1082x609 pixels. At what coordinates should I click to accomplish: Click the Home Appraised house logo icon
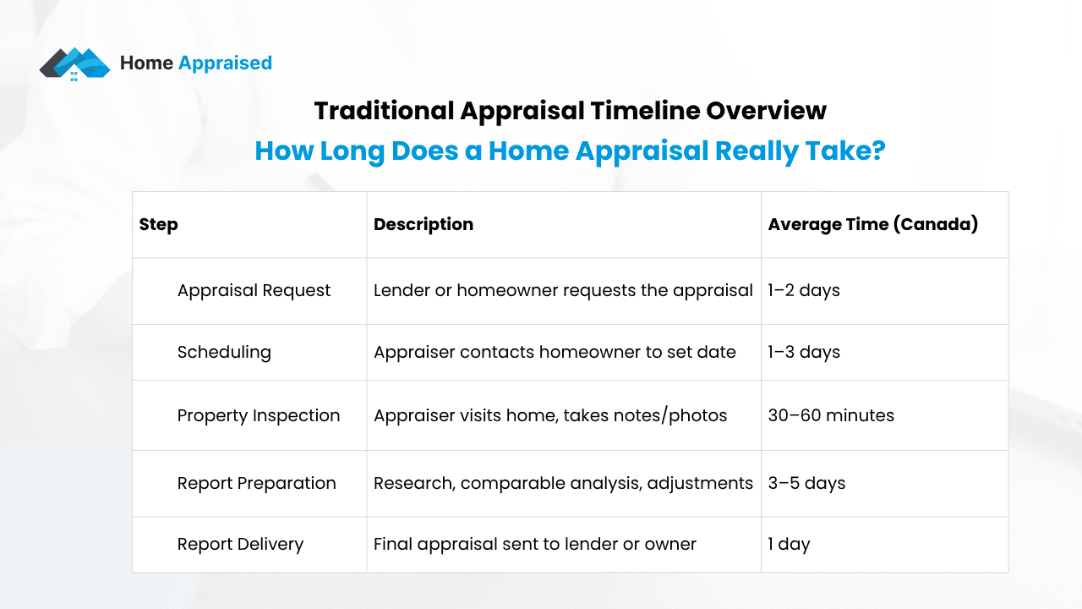click(74, 63)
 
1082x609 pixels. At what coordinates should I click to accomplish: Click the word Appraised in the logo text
click(225, 63)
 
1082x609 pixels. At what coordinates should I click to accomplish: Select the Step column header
click(158, 224)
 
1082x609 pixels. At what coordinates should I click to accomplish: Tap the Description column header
click(423, 224)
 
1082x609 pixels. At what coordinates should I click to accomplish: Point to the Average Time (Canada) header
click(872, 224)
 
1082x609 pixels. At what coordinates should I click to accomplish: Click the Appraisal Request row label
click(254, 290)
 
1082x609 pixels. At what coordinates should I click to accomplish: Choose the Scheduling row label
click(224, 352)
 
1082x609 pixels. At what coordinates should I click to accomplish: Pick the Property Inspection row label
click(259, 415)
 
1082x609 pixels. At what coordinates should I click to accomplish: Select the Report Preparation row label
click(256, 483)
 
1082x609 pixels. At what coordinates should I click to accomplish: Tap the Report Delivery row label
click(240, 544)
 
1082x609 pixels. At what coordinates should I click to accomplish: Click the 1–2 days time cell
click(804, 290)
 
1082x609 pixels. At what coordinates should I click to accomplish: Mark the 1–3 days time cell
click(804, 352)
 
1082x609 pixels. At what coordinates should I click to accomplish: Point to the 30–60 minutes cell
click(831, 415)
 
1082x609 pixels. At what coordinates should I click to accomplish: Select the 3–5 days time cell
click(806, 483)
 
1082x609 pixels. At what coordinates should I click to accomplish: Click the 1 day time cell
click(789, 544)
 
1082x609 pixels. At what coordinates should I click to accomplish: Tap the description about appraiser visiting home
click(550, 415)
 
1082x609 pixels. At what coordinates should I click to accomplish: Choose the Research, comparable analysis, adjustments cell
click(563, 483)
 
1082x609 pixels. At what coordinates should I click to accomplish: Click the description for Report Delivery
click(534, 544)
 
